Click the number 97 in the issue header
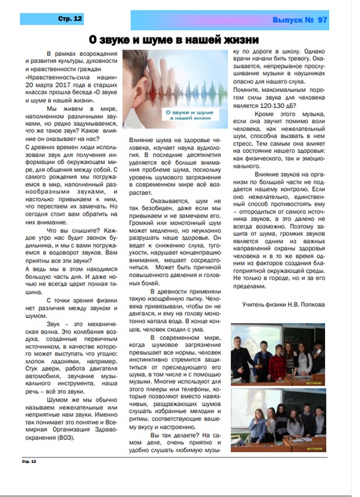322,20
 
